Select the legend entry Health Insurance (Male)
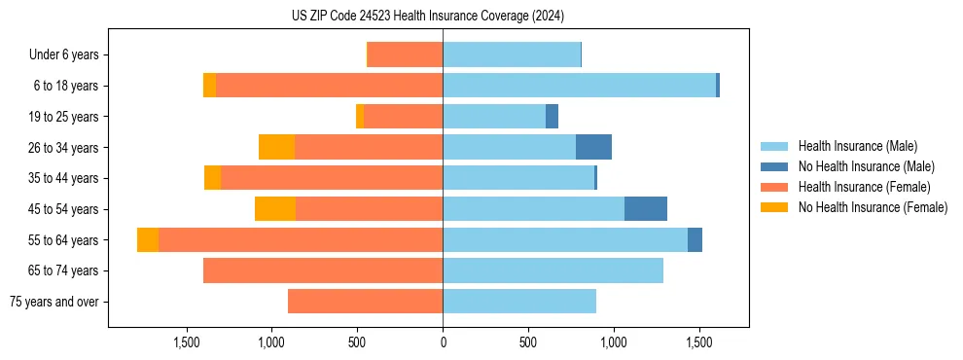pos(857,146)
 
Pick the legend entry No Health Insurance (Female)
pos(873,207)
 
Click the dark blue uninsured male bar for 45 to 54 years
pos(646,209)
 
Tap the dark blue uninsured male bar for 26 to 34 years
pos(593,147)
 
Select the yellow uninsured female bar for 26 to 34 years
pos(277,147)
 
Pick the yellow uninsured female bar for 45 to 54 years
pos(275,209)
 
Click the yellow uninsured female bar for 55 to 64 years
pos(148,239)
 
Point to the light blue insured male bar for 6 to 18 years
pos(579,86)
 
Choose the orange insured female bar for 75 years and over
pos(365,302)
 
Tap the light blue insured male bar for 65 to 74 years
pos(553,270)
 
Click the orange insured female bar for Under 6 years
pos(405,55)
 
